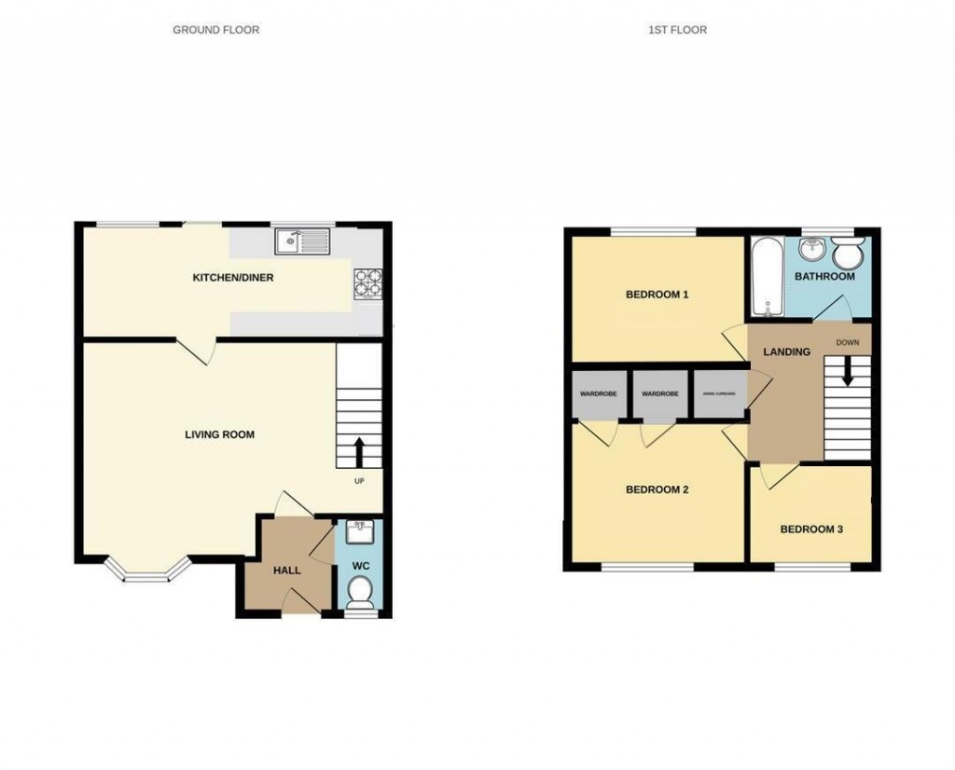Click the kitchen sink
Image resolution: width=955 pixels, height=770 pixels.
click(x=302, y=241)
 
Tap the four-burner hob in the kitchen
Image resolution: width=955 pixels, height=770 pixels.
click(x=367, y=282)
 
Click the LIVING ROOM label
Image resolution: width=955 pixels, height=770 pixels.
click(x=219, y=434)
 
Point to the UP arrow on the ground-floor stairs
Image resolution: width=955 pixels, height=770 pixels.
click(x=359, y=453)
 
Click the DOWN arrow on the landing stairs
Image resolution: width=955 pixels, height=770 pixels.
click(x=848, y=372)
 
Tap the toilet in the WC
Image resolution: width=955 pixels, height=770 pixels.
click(x=359, y=589)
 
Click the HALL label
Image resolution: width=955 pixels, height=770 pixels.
click(x=286, y=570)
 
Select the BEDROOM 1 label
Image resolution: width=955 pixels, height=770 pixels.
click(x=657, y=296)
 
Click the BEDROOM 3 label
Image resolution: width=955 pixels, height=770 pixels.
click(x=811, y=529)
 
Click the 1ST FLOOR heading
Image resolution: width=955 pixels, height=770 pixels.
click(x=678, y=30)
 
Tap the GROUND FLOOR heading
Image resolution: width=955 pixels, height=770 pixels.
click(x=216, y=30)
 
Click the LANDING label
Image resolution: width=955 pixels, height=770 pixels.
click(x=786, y=351)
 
